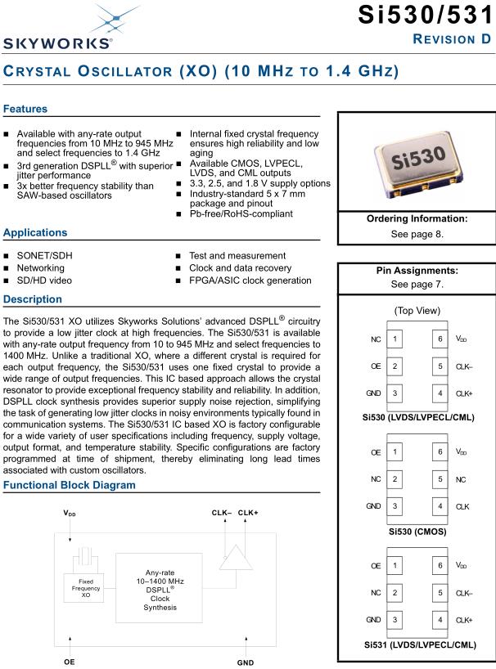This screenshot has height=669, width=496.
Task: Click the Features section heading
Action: point(26,109)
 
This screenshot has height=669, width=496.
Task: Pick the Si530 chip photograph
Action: point(416,162)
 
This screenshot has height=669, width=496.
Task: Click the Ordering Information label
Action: point(416,218)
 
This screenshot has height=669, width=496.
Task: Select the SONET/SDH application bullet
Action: point(44,256)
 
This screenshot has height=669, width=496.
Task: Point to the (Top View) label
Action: point(416,311)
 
